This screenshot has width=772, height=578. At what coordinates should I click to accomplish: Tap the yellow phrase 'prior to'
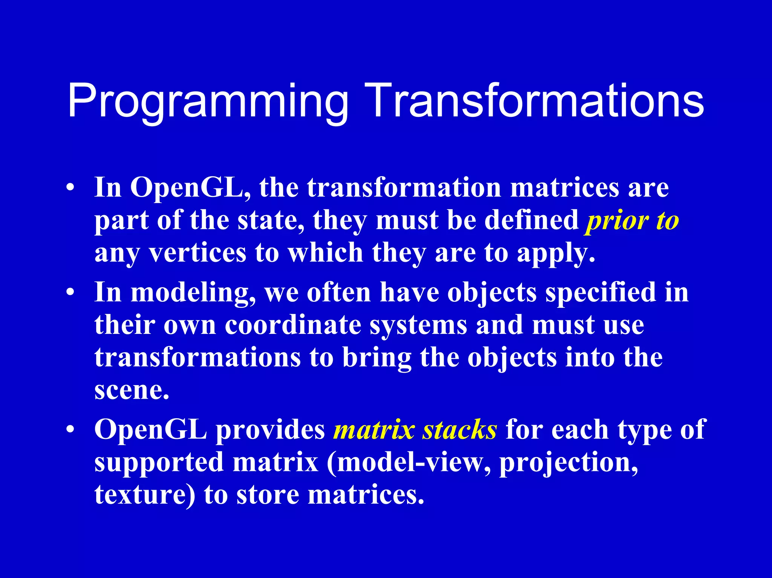[x=632, y=220]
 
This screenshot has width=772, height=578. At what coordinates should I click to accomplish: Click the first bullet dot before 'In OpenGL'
[x=70, y=188]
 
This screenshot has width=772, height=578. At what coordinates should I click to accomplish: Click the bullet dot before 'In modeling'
[x=70, y=293]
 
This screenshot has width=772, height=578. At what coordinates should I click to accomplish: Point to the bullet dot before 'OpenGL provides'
[x=70, y=430]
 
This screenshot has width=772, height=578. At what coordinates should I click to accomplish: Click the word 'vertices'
[x=198, y=253]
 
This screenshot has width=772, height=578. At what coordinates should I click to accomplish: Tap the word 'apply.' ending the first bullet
[x=556, y=254]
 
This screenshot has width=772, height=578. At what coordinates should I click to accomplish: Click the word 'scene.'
[x=132, y=390]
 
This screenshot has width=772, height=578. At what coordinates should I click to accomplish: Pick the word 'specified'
[x=601, y=292]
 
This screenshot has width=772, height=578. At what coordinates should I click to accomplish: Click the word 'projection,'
[x=569, y=463]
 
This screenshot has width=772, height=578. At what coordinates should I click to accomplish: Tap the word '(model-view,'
[x=409, y=463]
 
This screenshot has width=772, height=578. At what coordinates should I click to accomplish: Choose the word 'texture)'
[x=145, y=495]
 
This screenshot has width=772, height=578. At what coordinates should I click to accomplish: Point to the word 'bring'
[x=377, y=358]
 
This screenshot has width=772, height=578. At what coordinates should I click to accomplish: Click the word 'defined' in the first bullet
[x=532, y=220]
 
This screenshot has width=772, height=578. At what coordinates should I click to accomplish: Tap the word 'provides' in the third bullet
[x=270, y=430]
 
